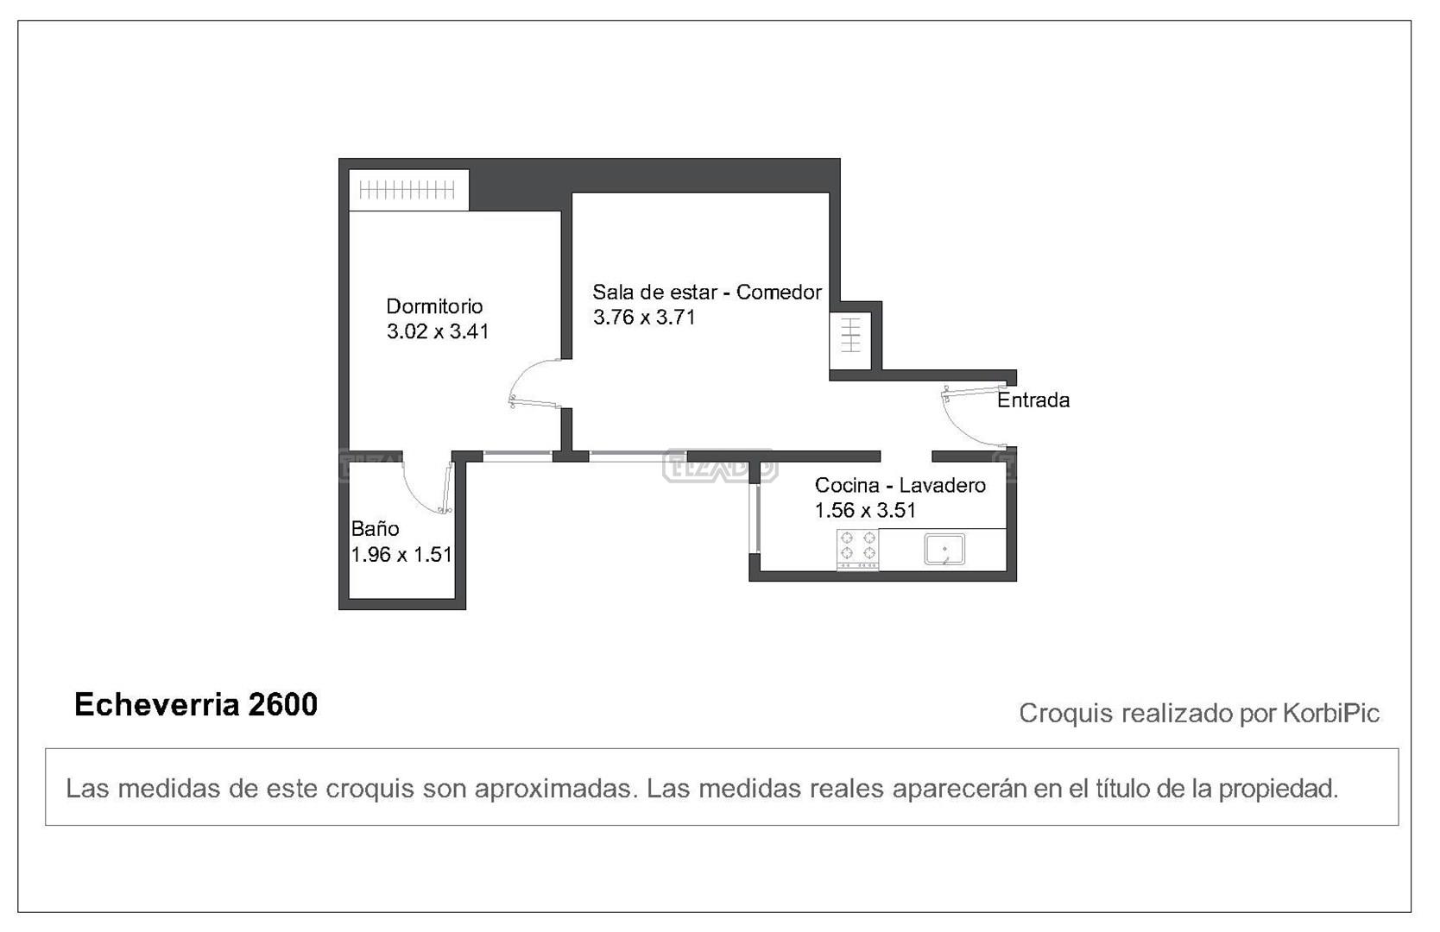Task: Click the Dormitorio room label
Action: tap(434, 306)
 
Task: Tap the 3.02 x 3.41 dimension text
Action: tap(438, 331)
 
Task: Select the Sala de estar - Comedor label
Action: tap(707, 293)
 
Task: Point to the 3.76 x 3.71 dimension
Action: tap(644, 318)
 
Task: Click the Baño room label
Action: tap(376, 528)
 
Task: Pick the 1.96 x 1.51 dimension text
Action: tap(401, 555)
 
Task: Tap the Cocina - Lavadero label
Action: tap(900, 485)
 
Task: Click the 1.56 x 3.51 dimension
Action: tap(865, 510)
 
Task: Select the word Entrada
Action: tap(1033, 400)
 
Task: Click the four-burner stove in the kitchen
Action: tap(857, 549)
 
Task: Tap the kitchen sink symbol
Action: tap(944, 550)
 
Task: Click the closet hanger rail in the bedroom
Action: tap(407, 190)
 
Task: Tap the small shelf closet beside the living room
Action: tap(850, 341)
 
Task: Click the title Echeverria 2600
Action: tap(196, 705)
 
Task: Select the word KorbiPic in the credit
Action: tap(1331, 714)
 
